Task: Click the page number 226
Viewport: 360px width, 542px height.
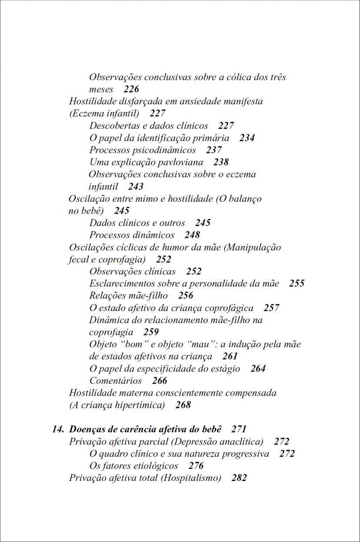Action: click(131, 89)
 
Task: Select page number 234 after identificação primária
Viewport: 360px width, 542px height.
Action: click(247, 138)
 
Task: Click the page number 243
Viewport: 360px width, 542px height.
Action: click(136, 186)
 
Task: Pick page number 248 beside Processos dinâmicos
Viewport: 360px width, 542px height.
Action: click(192, 235)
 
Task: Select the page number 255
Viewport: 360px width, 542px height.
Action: click(296, 284)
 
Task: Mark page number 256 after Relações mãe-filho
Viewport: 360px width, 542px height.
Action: click(185, 296)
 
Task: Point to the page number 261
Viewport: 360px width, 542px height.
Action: click(230, 356)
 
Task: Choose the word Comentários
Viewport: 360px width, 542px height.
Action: click(115, 381)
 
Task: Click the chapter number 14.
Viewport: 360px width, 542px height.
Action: click(57, 429)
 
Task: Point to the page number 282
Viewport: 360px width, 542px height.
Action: click(239, 478)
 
